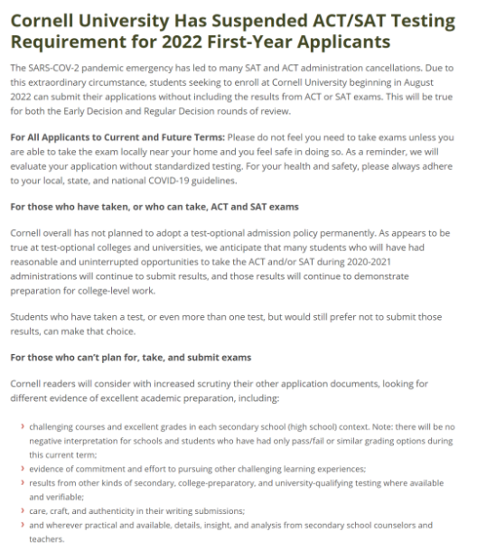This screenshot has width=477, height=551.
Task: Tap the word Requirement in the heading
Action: pyautogui.click(x=71, y=42)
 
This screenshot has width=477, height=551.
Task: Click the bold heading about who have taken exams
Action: pyautogui.click(x=154, y=205)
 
